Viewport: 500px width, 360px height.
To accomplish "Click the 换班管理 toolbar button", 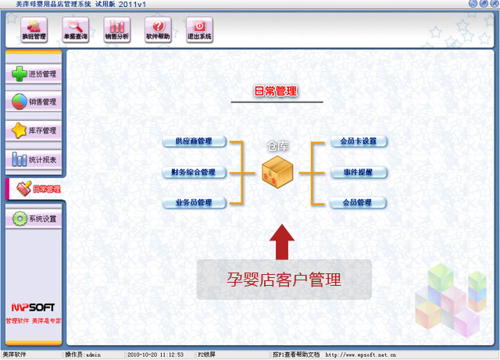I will click(x=34, y=30).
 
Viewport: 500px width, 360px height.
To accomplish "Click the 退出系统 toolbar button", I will click(x=199, y=30).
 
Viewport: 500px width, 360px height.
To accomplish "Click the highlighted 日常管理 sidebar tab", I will click(x=34, y=189).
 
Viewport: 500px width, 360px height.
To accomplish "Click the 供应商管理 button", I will click(x=195, y=141).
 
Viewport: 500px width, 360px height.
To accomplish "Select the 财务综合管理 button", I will click(x=195, y=172).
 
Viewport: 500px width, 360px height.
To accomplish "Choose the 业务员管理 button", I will click(x=195, y=203).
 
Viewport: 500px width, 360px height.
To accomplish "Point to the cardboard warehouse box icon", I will click(x=277, y=171).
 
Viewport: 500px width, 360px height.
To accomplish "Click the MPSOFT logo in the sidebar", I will click(x=33, y=308).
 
